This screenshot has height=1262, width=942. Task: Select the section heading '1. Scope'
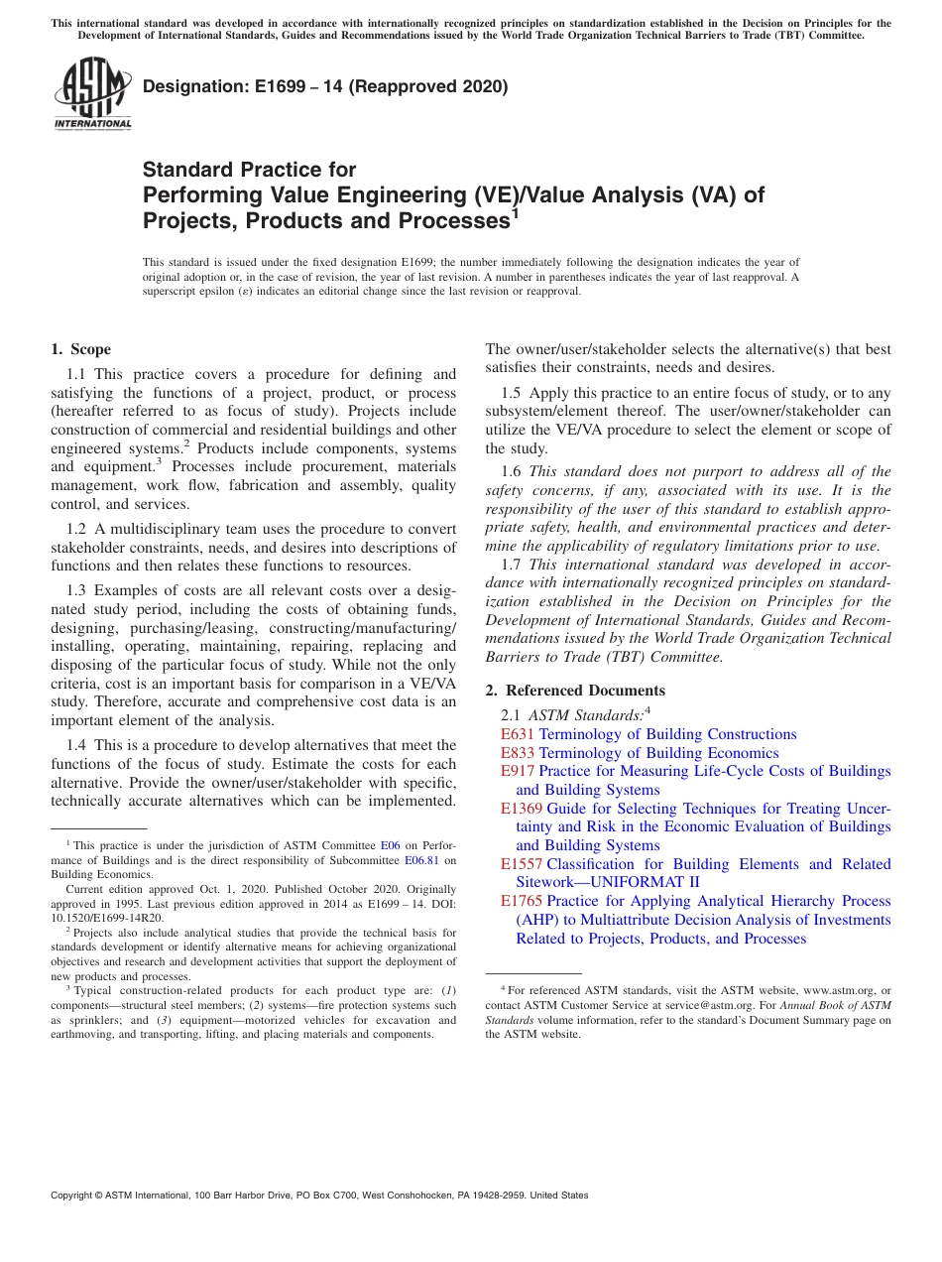tap(80, 349)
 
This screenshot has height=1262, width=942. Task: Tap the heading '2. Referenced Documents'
tap(575, 691)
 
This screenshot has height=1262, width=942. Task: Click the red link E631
tap(517, 734)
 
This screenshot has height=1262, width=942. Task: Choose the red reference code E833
tap(517, 753)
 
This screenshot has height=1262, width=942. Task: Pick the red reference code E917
tap(517, 771)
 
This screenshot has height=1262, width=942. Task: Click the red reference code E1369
tap(521, 809)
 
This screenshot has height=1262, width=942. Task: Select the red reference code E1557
tap(521, 864)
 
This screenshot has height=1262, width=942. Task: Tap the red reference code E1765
tap(521, 901)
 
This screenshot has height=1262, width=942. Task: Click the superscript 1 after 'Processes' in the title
tap(515, 211)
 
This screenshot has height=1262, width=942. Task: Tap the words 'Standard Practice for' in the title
tap(249, 170)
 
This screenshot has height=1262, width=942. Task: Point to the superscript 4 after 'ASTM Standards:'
tap(648, 708)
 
